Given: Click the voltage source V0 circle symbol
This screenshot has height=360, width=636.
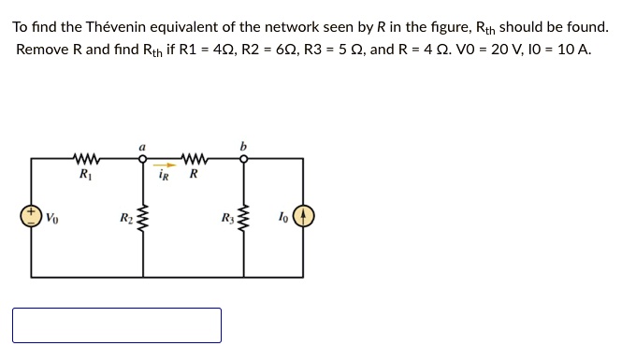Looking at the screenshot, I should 31,218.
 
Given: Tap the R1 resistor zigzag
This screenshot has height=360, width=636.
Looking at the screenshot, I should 86,157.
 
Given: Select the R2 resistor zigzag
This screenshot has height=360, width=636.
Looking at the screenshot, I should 143,220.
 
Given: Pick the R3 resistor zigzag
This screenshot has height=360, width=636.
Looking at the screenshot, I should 245,220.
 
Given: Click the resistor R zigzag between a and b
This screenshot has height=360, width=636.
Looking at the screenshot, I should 194,157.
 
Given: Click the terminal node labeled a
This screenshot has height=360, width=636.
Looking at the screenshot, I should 143,158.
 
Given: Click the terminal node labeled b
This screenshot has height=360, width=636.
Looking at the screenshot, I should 245,158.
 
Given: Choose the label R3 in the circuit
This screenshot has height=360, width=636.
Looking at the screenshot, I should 228,219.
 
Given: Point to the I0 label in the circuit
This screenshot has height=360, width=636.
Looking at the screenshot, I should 282,219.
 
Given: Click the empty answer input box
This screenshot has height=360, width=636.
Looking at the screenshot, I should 117,325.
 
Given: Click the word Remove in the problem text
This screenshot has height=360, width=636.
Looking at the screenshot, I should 42,49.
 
